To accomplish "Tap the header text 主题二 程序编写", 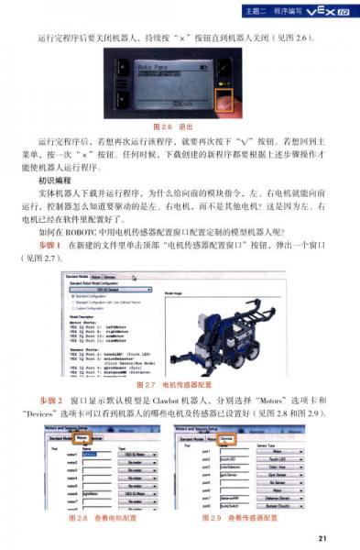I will coord(268,10).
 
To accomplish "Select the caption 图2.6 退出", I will coord(180,126).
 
